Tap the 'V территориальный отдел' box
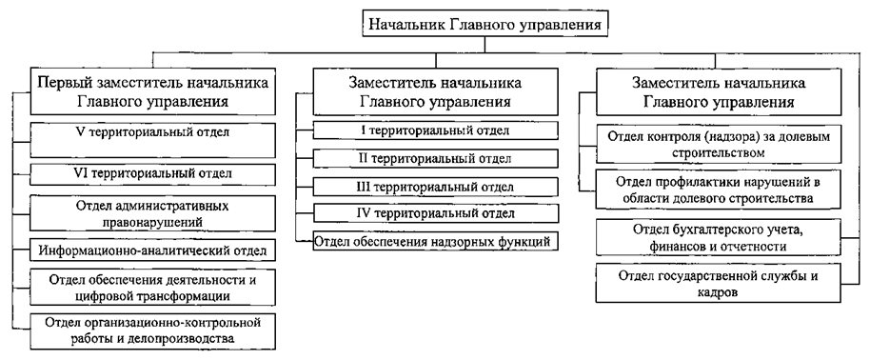153,134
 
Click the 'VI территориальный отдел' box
153,173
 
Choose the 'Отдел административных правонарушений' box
153,212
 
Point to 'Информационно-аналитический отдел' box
153,251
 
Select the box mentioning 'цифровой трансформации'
153,284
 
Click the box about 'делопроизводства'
153,330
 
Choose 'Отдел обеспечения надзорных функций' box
433,243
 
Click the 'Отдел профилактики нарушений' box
720,190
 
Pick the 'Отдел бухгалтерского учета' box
720,238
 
